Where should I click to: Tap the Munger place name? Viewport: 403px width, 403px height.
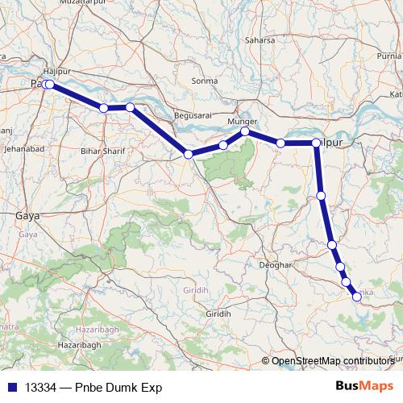click(242, 122)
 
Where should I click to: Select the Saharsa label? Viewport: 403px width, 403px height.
click(260, 39)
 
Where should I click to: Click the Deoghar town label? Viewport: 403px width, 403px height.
click(274, 264)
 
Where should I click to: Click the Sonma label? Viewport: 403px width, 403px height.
click(206, 81)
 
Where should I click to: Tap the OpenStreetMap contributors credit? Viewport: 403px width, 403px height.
click(332, 360)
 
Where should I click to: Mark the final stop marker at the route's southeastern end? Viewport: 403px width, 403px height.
click(357, 297)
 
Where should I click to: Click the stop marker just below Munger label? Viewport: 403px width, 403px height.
click(245, 131)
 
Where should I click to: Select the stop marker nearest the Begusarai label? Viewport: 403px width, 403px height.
click(188, 154)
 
